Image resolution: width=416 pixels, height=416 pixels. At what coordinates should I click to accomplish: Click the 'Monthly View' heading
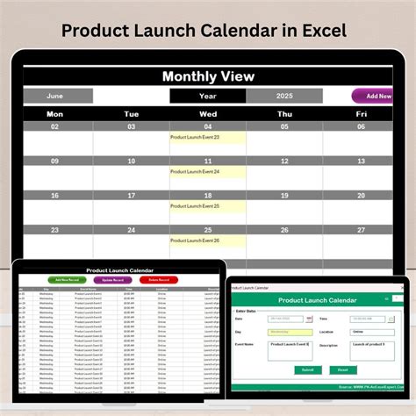tap(208, 76)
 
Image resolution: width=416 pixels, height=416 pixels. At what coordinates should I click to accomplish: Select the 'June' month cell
tap(54, 97)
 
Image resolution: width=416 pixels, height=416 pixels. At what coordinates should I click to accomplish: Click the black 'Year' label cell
tap(208, 97)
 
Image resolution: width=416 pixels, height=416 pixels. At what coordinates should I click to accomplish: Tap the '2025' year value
tap(285, 97)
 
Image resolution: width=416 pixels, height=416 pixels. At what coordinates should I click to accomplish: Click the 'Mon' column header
tap(54, 113)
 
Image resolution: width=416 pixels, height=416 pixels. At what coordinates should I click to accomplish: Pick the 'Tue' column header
tap(132, 113)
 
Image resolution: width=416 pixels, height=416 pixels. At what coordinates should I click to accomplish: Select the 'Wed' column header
tap(208, 113)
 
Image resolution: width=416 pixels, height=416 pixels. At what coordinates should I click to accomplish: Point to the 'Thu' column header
tap(285, 113)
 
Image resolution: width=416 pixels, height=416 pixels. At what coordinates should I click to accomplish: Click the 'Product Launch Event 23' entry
tap(196, 138)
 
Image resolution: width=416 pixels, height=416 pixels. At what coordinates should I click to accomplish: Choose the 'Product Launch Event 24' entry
tap(196, 172)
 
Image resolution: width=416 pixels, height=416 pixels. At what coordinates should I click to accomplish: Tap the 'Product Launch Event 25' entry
tap(196, 206)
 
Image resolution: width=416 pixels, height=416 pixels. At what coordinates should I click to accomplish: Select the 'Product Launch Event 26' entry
tap(196, 240)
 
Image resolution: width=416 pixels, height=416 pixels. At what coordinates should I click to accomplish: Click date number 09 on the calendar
tap(54, 161)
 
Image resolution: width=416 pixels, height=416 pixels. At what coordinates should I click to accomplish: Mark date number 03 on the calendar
tap(132, 127)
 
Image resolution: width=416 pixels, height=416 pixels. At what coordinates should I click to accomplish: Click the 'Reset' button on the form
tap(342, 369)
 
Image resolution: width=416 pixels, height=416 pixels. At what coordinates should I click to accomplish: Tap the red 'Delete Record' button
tap(158, 280)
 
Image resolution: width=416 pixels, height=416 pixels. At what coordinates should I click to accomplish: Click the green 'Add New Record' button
tap(66, 280)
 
